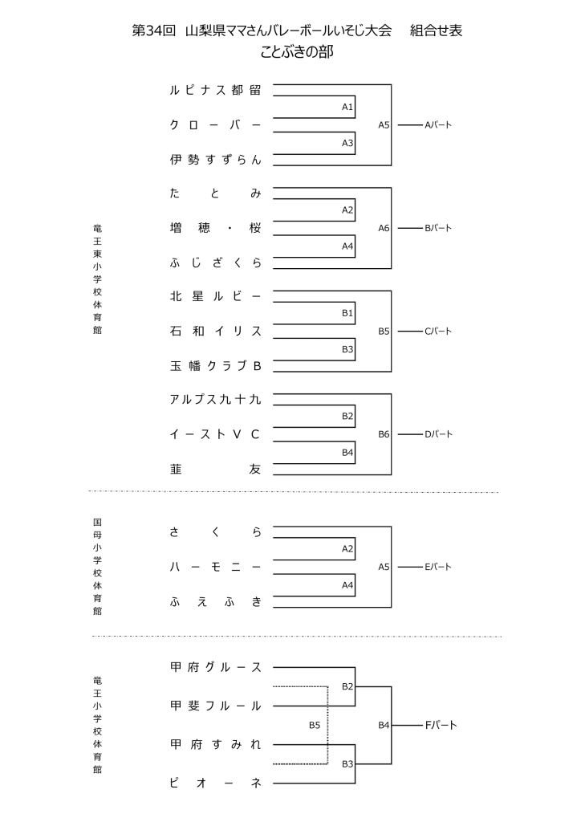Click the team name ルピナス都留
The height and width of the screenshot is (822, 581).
pos(216,90)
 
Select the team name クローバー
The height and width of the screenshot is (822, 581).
pos(216,125)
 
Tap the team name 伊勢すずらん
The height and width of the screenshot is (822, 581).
pos(216,160)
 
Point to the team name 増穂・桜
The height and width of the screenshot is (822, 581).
pos(216,228)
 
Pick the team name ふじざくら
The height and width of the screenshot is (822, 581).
pos(216,262)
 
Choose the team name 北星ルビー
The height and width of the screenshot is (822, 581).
pos(216,296)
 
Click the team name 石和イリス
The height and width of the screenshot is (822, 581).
pos(216,331)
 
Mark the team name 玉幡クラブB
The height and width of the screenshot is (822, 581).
pos(216,366)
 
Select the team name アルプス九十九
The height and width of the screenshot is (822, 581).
pos(216,399)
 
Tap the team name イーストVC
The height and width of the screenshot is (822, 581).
pos(216,434)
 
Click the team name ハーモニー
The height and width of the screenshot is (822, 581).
pos(216,566)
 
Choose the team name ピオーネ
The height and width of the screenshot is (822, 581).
pos(216,783)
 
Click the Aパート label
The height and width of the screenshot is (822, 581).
pos(438,125)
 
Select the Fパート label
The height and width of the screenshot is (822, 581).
pos(441,725)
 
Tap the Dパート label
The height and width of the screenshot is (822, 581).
pos(438,434)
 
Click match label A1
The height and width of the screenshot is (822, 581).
pos(347,107)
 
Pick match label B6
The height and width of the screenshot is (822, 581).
pos(384,434)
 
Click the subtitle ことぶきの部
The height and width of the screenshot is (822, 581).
pos(297,53)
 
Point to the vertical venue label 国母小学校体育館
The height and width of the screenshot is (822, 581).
pos(97,566)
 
